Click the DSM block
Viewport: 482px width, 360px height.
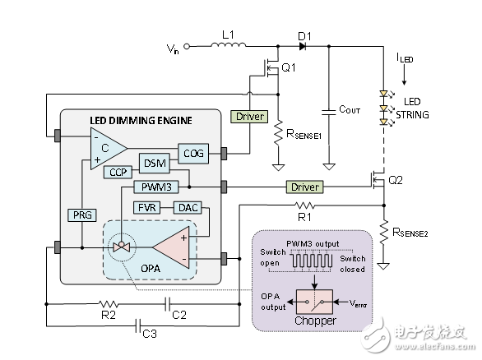click(x=155, y=162)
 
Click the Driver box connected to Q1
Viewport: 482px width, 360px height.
click(x=250, y=118)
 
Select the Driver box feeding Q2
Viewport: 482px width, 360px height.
click(x=304, y=187)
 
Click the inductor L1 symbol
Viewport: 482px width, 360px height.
click(x=228, y=47)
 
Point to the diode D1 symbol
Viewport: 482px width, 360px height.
click(x=304, y=47)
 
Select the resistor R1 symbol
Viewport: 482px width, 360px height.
click(x=305, y=205)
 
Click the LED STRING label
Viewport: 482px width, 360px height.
click(x=411, y=109)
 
